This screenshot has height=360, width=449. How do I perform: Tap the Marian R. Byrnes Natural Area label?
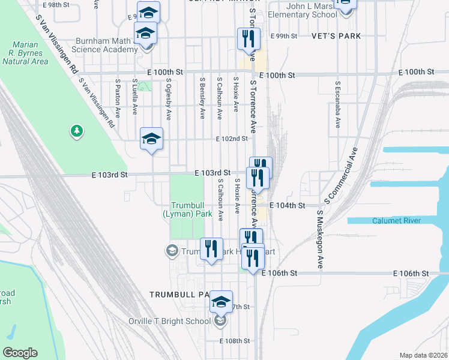(29, 53)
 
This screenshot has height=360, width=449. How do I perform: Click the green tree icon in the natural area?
(76, 131)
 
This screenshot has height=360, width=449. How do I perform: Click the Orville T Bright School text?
(169, 321)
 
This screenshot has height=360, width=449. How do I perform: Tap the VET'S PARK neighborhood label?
(336, 36)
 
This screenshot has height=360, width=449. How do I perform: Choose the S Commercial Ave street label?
(340, 175)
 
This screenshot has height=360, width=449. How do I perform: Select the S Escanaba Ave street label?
(339, 105)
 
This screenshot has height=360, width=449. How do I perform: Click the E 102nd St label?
(232, 139)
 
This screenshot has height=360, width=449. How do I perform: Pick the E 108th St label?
(235, 341)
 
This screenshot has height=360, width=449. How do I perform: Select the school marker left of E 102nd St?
(152, 139)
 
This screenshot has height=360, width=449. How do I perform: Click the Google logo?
(20, 353)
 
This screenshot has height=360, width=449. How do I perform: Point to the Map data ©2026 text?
(423, 355)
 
